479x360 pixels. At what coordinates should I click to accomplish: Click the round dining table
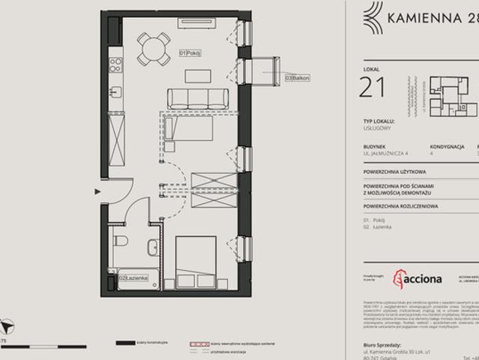click(x=154, y=49)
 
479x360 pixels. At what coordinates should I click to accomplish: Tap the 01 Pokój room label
click(x=190, y=53)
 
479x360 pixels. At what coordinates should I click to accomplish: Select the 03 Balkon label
click(x=297, y=77)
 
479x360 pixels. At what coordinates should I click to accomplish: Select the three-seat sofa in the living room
click(x=197, y=97)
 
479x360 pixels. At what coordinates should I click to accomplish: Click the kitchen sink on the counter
click(x=115, y=92)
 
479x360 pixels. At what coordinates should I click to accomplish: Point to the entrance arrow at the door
click(x=98, y=192)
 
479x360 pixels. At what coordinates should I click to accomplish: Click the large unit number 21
click(x=373, y=88)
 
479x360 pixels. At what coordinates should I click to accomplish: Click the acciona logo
click(x=418, y=279)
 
